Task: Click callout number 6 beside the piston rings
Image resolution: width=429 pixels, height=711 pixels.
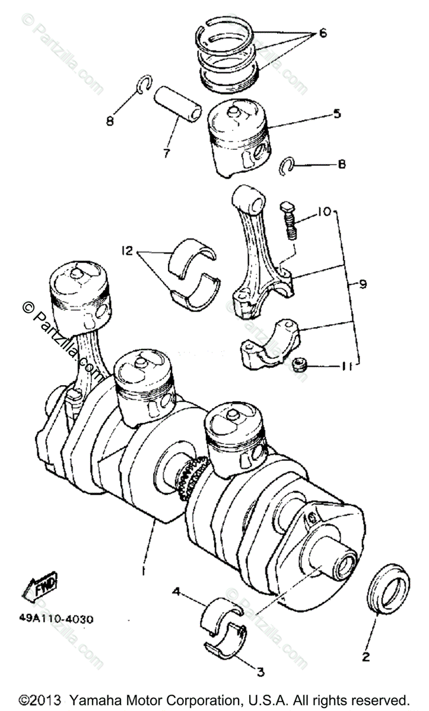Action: (x=323, y=33)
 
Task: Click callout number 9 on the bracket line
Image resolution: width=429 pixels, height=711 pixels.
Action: (x=363, y=284)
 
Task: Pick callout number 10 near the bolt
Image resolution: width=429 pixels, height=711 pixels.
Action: (x=326, y=212)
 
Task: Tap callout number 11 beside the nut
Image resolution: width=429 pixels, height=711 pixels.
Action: (x=347, y=367)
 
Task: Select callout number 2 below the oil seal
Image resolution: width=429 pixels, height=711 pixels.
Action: (x=366, y=657)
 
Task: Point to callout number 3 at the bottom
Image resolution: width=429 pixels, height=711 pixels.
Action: (x=260, y=672)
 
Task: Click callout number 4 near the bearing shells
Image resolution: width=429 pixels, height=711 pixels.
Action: (x=177, y=591)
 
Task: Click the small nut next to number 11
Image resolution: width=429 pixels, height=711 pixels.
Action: (x=300, y=366)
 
